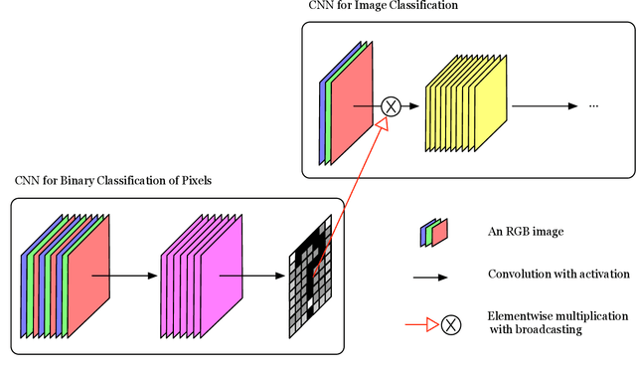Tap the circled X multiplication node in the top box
pyautogui.click(x=391, y=106)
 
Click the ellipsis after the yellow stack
pyautogui.click(x=595, y=105)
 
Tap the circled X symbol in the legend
pyautogui.click(x=452, y=323)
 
